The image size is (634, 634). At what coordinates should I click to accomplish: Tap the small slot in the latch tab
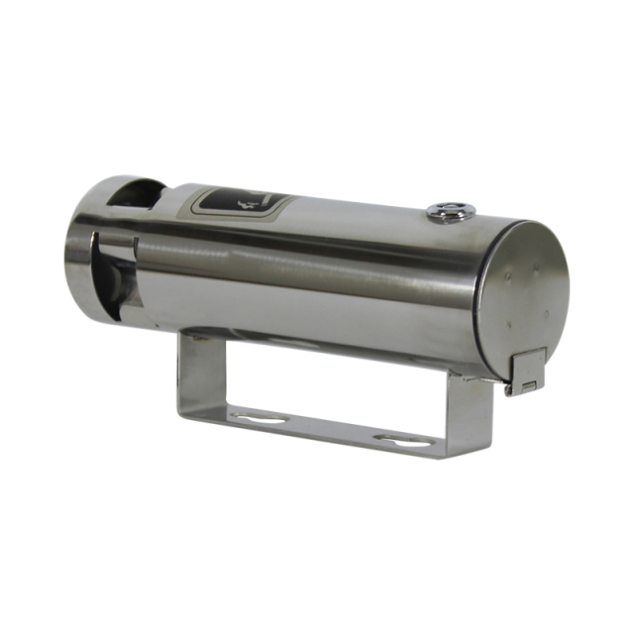530,383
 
